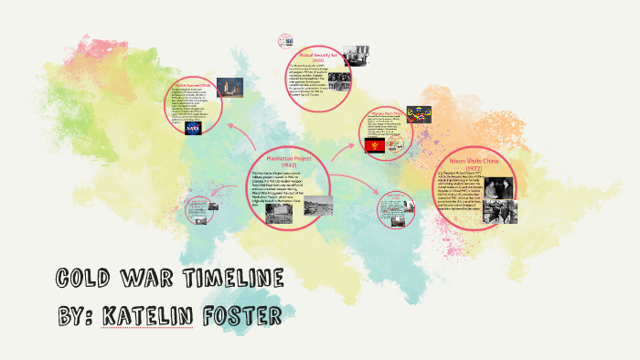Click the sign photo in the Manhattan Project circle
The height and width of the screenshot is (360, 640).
(x=278, y=213)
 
